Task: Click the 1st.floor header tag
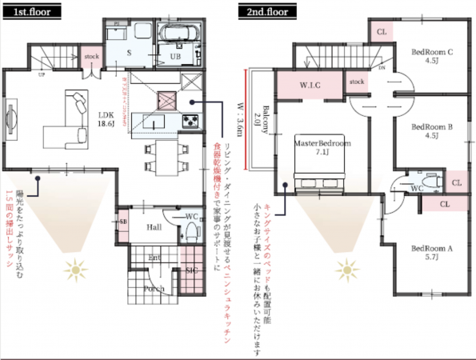[25, 11]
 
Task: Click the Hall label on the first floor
[155, 227]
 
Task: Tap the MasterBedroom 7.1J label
[323, 147]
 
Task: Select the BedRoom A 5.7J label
[432, 253]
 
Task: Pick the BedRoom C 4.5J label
[432, 55]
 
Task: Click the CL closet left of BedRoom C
[381, 31]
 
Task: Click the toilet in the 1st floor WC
[190, 231]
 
